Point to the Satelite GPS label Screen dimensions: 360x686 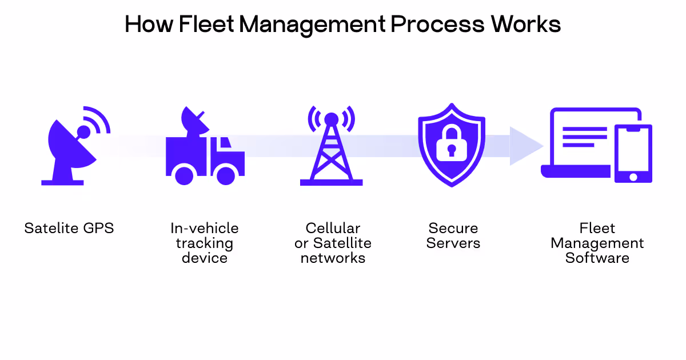69,229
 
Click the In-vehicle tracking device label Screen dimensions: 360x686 205,243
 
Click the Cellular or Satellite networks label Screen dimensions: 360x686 333,243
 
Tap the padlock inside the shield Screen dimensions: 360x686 452,143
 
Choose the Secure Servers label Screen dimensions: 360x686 454,235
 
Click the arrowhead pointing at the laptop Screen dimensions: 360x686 525,146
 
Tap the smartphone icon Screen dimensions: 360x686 633,153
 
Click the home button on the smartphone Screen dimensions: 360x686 633,177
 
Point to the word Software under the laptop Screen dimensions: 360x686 597,258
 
